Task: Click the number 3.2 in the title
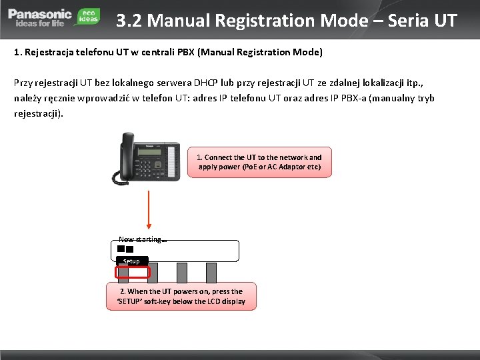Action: click(x=129, y=21)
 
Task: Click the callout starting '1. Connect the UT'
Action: click(x=259, y=162)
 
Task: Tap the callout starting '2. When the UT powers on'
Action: click(x=181, y=296)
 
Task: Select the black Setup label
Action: click(x=131, y=261)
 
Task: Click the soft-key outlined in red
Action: click(x=132, y=273)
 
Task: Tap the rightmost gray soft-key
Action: click(x=211, y=272)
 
